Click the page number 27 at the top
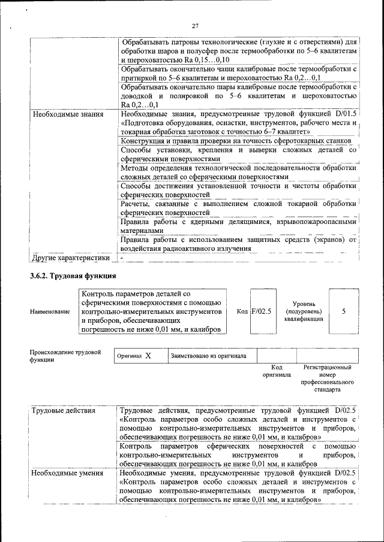tap(195, 25)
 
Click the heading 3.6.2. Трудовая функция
tap(73, 276)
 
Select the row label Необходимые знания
tap(68, 113)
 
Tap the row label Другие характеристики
tap(70, 258)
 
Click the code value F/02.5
tap(261, 311)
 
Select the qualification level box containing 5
tap(344, 311)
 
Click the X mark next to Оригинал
tap(148, 356)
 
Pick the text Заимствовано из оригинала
tap(208, 356)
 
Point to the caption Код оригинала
tap(276, 371)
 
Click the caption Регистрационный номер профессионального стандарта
tap(327, 377)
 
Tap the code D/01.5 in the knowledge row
tap(344, 113)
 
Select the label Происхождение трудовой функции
tap(65, 356)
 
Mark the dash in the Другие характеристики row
tap(122, 258)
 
